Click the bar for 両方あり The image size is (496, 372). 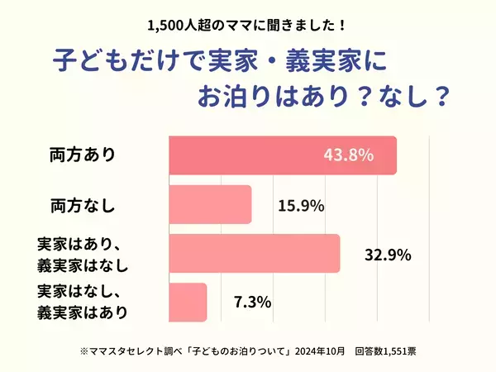click(x=282, y=155)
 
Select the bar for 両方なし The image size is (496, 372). click(x=210, y=204)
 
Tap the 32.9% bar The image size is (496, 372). click(x=255, y=254)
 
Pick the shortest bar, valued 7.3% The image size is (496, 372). click(x=188, y=303)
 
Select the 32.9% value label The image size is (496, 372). click(x=388, y=254)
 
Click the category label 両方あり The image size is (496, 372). click(x=83, y=155)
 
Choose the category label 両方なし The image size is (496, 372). click(x=83, y=205)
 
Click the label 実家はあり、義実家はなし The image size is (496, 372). click(x=83, y=254)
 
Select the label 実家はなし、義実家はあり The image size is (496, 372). click(x=83, y=303)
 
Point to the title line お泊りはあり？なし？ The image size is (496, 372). click(x=322, y=96)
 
